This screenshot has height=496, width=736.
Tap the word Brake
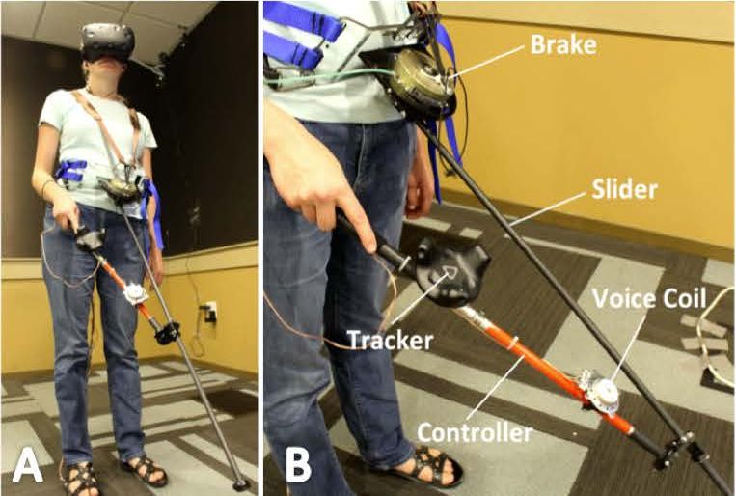pyautogui.click(x=563, y=45)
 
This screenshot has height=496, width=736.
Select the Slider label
pyautogui.click(x=624, y=189)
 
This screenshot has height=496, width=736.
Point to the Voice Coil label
pyautogui.click(x=649, y=298)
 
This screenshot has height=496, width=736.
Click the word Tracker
pyautogui.click(x=390, y=340)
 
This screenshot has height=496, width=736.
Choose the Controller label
pyautogui.click(x=475, y=432)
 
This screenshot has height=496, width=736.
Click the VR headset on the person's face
pyautogui.click(x=107, y=42)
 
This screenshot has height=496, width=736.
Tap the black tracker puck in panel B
pyautogui.click(x=450, y=272)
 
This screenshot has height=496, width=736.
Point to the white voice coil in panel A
pyautogui.click(x=136, y=294)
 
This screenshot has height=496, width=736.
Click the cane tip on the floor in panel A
pyautogui.click(x=241, y=483)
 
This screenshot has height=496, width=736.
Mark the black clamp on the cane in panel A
pyautogui.click(x=167, y=333)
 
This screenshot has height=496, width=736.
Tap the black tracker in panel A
pyautogui.click(x=90, y=237)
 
